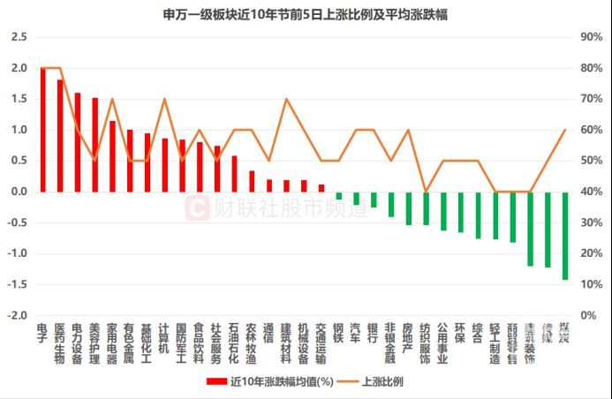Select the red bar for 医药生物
[60, 136]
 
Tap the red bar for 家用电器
[112, 156]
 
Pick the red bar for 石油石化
[234, 174]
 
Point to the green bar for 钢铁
[338, 195]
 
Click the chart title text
[305, 15]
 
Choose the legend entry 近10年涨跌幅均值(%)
[268, 382]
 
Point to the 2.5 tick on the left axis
[19, 37]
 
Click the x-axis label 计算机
[164, 339]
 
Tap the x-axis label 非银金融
[390, 344]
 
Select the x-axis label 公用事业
[442, 344]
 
